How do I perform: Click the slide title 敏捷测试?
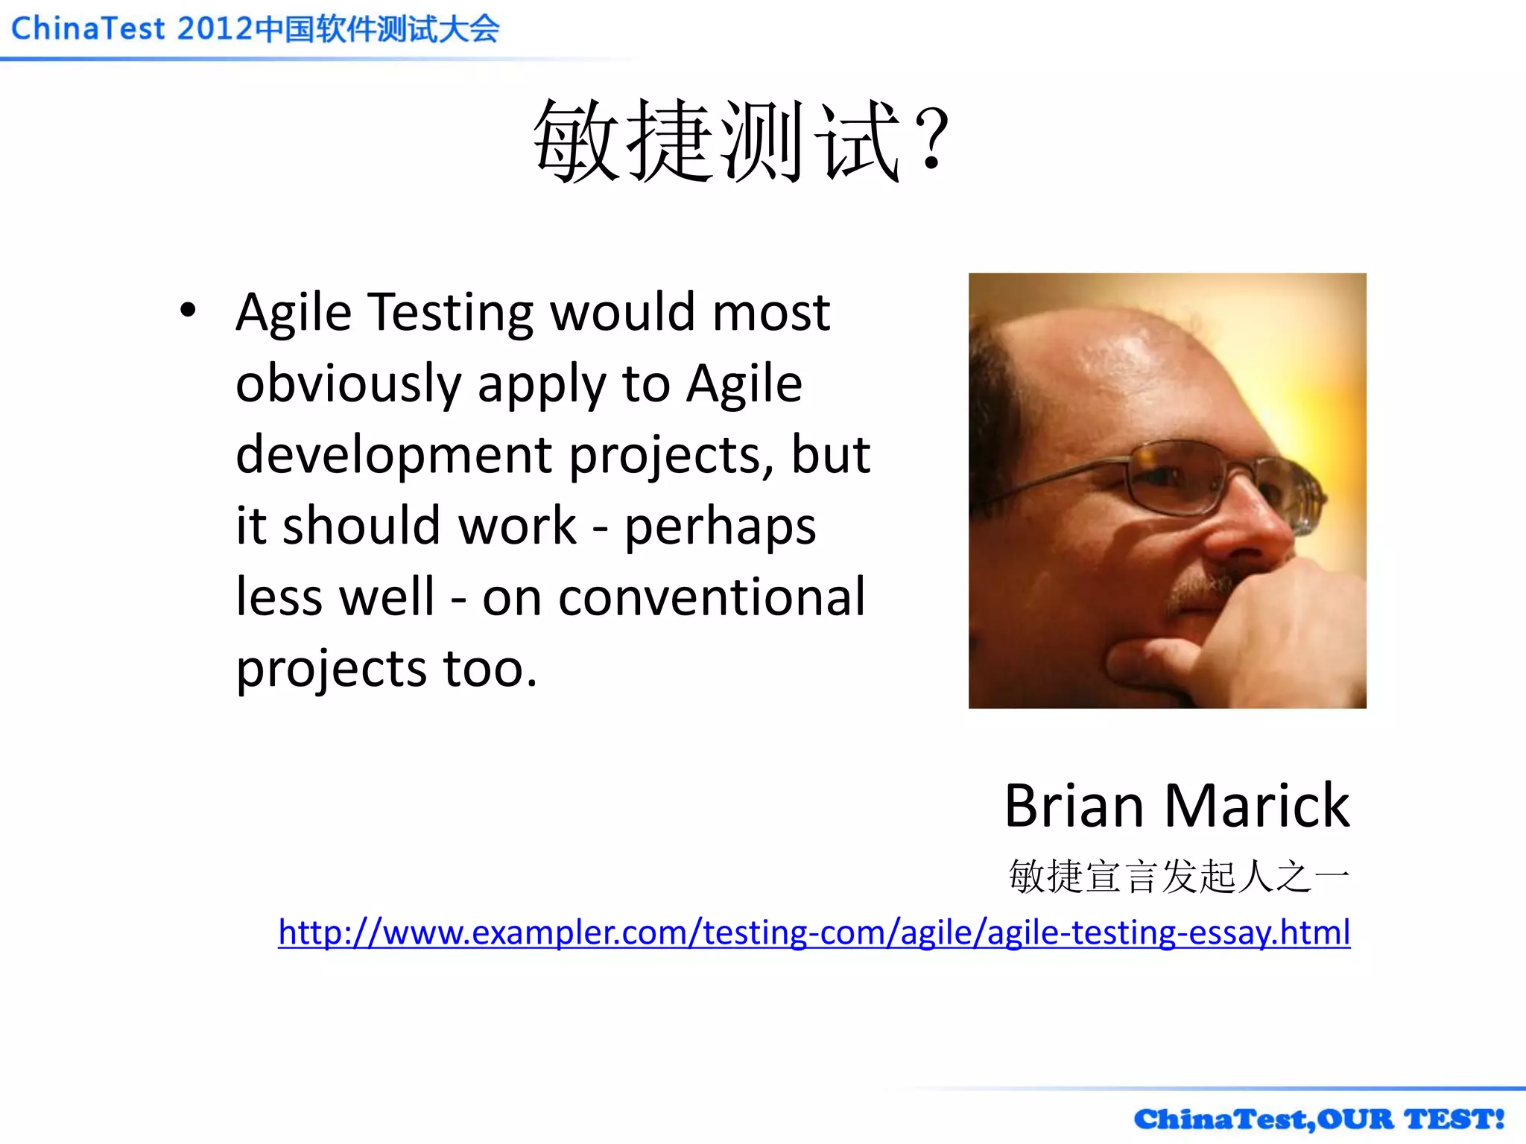[x=741, y=142]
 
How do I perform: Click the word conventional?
[x=712, y=597]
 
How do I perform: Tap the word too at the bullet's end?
[x=490, y=668]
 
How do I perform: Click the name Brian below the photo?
[x=1074, y=806]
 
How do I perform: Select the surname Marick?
[x=1256, y=806]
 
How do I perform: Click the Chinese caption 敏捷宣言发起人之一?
[x=1179, y=876]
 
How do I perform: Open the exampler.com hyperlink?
[x=814, y=932]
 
